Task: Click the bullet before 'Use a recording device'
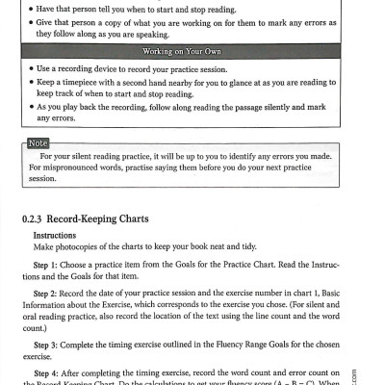pyautogui.click(x=31, y=70)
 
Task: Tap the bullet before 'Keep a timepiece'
pyautogui.click(x=31, y=85)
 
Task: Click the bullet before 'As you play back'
pyautogui.click(x=31, y=109)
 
